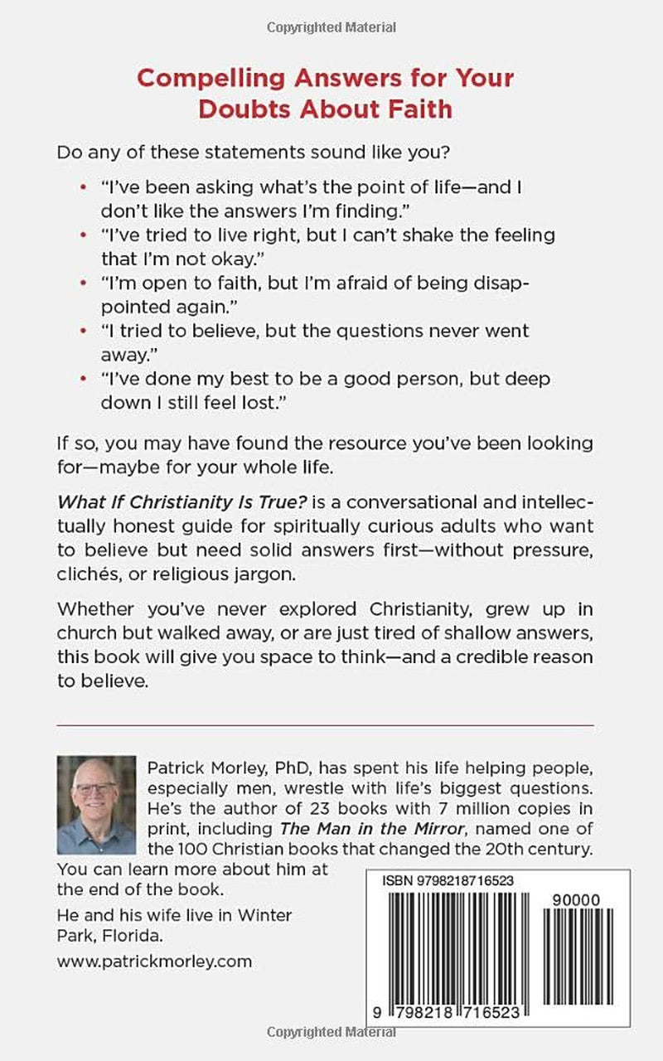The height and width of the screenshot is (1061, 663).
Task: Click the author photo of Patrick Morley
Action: pyautogui.click(x=96, y=804)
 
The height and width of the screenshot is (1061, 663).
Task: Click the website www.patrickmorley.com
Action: pyautogui.click(x=154, y=962)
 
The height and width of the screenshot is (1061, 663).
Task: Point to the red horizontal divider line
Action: pyautogui.click(x=325, y=725)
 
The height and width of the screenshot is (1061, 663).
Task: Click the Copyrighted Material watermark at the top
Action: pyautogui.click(x=331, y=28)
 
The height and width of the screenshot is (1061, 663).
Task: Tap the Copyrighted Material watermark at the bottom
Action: pyautogui.click(x=331, y=1032)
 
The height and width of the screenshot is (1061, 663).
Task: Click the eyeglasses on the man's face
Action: pyautogui.click(x=96, y=787)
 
